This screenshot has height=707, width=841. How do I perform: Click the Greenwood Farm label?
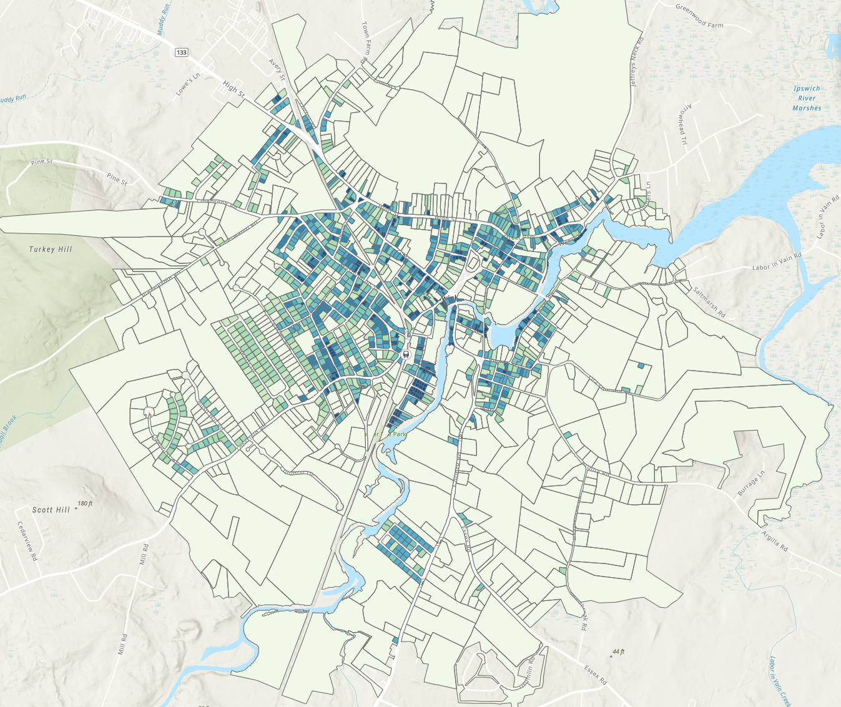[699, 16]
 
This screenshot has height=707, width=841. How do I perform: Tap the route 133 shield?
[181, 52]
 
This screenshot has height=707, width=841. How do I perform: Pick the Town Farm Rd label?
[364, 42]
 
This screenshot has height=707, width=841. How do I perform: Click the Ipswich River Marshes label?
[807, 98]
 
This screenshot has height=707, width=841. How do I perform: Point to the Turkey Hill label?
[51, 250]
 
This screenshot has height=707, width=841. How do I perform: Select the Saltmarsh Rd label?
[709, 301]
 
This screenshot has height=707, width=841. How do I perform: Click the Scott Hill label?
[51, 510]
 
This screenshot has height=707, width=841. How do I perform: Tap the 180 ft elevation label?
[85, 504]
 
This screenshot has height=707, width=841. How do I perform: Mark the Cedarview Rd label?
[27, 540]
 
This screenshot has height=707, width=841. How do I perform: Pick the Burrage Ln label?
[751, 484]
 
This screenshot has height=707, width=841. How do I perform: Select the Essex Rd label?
[595, 675]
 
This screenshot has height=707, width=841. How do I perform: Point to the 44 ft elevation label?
[618, 651]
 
